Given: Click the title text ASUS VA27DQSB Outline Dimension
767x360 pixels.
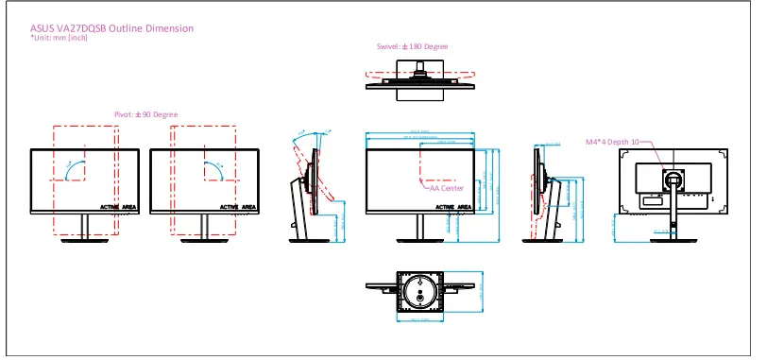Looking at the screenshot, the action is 112,28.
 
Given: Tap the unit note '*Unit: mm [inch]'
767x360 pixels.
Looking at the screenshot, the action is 60,38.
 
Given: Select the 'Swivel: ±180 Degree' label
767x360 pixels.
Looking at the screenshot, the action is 412,46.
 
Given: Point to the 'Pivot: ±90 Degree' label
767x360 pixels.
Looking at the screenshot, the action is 145,114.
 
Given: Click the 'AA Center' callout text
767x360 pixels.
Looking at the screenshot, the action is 446,188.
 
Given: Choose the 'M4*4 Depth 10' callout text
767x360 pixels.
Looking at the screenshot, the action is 611,142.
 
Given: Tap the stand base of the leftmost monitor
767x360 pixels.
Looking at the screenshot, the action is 84,238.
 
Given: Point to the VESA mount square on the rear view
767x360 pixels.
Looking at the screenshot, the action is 673,178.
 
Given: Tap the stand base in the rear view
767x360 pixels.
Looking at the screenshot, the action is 673,238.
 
